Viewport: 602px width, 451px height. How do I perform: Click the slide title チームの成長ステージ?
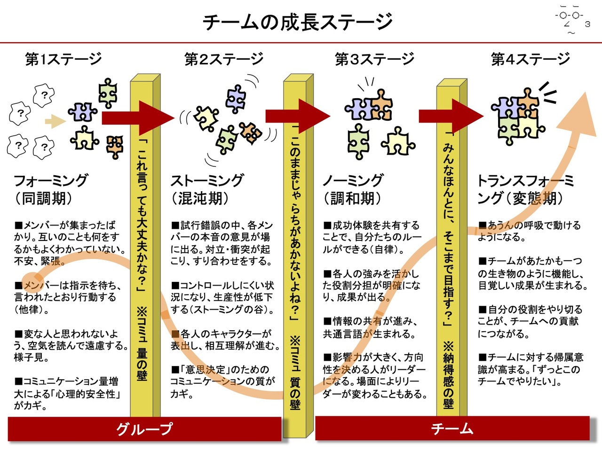297,22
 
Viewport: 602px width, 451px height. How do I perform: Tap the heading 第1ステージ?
63,59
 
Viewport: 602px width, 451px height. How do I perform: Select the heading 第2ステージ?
224,59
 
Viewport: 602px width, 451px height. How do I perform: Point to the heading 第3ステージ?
374,59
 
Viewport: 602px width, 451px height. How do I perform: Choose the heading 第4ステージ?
531,59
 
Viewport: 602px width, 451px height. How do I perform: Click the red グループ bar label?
144,429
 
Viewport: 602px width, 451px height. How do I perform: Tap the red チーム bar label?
452,428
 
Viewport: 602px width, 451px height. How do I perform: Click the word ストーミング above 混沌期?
207,180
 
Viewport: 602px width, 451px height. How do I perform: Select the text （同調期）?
44,198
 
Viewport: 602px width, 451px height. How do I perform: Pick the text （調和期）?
352,198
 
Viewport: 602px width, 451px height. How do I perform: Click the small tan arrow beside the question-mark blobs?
55,121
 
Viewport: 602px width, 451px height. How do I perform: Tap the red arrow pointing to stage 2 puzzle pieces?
138,118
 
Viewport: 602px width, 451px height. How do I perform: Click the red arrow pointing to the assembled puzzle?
451,117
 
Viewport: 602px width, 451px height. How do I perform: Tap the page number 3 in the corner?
587,24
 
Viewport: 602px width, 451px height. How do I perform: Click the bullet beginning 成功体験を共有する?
372,237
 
